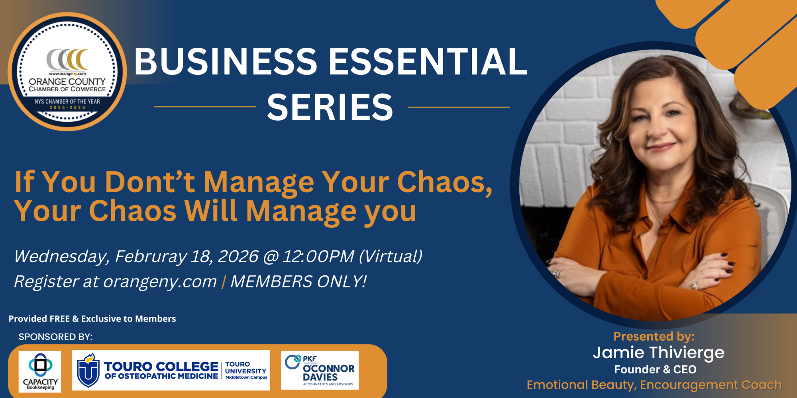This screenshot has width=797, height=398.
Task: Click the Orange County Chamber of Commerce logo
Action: tap(67, 72)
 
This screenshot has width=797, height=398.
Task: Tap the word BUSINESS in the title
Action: tap(226, 61)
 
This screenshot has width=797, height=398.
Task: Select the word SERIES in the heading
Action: tap(330, 107)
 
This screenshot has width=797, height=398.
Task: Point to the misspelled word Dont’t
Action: tap(150, 182)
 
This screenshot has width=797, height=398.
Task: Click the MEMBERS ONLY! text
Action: tap(298, 281)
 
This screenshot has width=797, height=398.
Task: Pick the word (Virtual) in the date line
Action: tap(391, 256)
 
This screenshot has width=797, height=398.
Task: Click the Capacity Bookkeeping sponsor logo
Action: tap(40, 372)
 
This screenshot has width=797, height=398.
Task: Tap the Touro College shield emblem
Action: tap(88, 371)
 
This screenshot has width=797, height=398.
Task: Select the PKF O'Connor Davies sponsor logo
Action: tap(320, 370)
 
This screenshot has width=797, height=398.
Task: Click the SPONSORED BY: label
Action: tap(55, 337)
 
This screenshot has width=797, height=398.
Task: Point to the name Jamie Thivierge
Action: tap(659, 353)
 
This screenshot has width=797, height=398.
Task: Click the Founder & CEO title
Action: tap(655, 370)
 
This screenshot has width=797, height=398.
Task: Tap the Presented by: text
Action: tap(654, 337)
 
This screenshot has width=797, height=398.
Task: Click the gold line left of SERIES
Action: tap(205, 107)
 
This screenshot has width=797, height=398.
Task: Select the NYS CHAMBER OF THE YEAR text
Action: tap(67, 101)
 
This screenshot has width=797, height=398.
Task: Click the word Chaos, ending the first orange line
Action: tap(445, 182)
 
